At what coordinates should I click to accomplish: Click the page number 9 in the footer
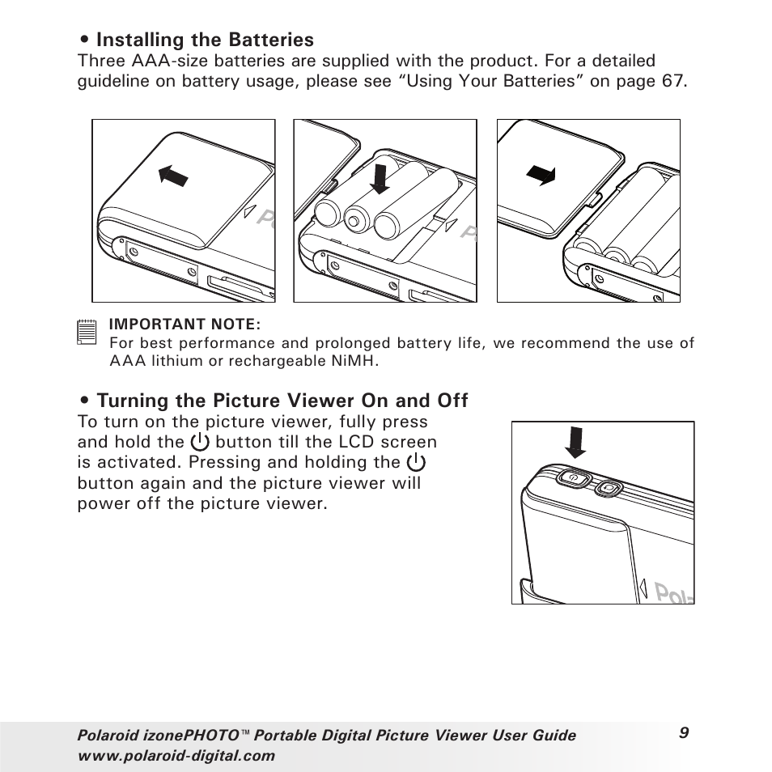click(x=684, y=732)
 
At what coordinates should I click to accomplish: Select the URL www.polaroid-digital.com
click(x=176, y=756)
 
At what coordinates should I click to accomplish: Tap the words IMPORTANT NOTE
click(x=185, y=324)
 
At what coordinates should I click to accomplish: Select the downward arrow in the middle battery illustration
click(x=379, y=176)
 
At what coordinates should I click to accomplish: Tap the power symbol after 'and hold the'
click(x=200, y=442)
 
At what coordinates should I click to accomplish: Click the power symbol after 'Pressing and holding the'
click(x=416, y=462)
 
